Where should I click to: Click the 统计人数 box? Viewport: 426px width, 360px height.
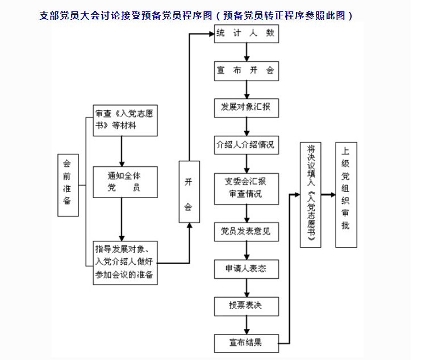click(247, 34)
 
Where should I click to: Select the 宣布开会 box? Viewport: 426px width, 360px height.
click(247, 70)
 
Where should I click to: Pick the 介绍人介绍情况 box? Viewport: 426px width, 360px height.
click(247, 144)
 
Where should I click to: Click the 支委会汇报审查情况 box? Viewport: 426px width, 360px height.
click(247, 188)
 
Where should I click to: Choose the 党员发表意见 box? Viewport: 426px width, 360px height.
click(247, 231)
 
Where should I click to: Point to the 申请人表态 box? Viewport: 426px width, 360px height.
click(247, 269)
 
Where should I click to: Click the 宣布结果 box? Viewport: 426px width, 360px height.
click(247, 342)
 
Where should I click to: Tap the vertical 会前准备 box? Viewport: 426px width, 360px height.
click(68, 185)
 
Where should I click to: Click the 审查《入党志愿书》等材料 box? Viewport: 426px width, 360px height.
click(124, 120)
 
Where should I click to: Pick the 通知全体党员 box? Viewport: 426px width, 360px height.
click(125, 182)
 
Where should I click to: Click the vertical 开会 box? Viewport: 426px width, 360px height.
click(189, 194)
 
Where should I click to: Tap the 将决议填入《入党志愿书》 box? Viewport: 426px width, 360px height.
click(310, 194)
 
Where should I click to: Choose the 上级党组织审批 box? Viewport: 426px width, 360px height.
click(346, 194)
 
